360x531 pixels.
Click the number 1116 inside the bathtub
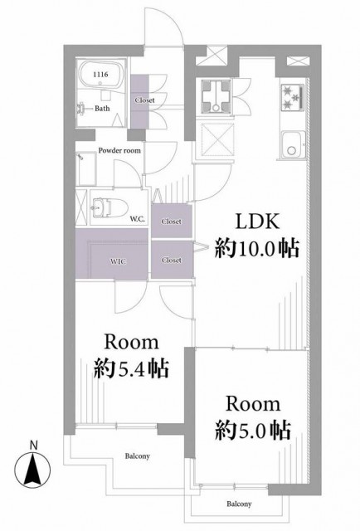[x=100, y=74]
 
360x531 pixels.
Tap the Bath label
[x=102, y=109]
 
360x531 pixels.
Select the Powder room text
[x=119, y=150]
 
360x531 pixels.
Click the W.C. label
[x=138, y=219]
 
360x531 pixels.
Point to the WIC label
[x=119, y=261]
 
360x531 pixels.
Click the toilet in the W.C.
[x=108, y=207]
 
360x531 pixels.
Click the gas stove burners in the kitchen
[x=292, y=96]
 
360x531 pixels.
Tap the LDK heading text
[x=257, y=222]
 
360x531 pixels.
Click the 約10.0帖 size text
[x=256, y=249]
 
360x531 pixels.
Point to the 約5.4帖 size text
[x=131, y=368]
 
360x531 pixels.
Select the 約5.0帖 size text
[x=253, y=431]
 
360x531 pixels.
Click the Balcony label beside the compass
[x=137, y=455]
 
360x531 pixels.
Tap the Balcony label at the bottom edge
[x=239, y=504]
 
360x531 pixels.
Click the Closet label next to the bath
[x=144, y=100]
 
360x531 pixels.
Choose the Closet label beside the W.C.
[x=172, y=222]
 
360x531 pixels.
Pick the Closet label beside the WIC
[x=172, y=260]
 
